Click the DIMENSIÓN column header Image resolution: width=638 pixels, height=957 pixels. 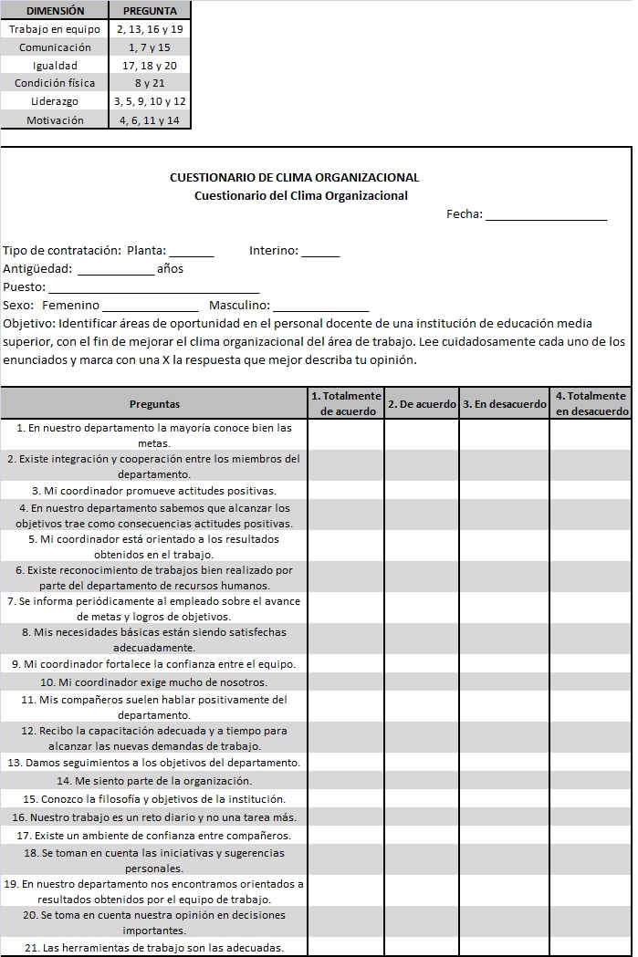tap(55, 11)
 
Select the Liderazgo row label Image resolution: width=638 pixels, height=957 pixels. tap(55, 101)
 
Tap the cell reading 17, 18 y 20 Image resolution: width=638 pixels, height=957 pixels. tap(150, 66)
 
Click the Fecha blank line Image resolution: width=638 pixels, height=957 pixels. tap(546, 215)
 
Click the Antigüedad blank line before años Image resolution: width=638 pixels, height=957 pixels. tap(116, 270)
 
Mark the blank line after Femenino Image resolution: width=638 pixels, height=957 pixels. tap(150, 307)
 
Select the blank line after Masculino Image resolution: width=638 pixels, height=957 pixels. tap(320, 307)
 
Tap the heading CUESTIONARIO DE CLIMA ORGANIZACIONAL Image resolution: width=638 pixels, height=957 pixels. tap(295, 178)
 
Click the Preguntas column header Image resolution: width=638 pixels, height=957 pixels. tap(154, 404)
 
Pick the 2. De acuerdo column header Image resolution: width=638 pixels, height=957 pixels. tap(422, 404)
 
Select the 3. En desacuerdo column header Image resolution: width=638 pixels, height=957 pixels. tap(504, 404)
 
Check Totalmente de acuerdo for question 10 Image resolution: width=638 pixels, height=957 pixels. tap(346, 682)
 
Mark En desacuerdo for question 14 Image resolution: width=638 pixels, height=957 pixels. tap(504, 781)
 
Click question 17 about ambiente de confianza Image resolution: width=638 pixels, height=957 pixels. tap(154, 836)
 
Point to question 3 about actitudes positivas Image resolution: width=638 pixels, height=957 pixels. tap(154, 491)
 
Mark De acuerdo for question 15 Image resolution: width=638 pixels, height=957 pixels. tap(422, 799)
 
